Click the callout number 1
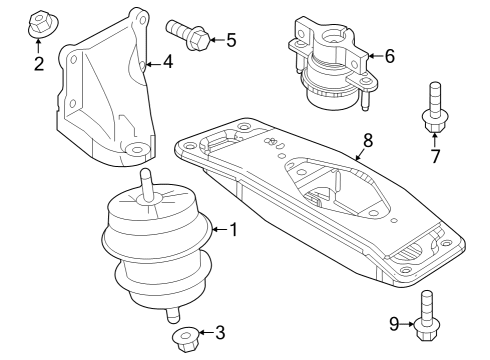point(233,231)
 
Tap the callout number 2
point(39,65)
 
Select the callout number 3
point(220,333)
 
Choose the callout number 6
point(389,57)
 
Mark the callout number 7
point(435,156)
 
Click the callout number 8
point(367,141)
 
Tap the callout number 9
point(394,323)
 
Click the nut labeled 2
point(39,21)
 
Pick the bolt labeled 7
point(434,108)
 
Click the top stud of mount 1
point(147,183)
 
